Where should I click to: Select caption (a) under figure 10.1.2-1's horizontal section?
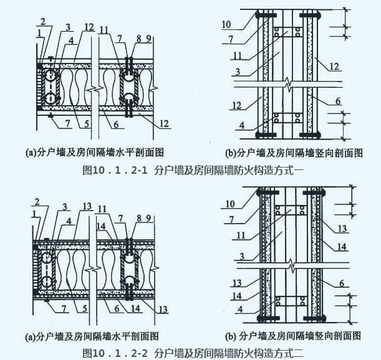point(95,152)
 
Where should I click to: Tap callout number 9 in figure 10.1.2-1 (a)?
point(148,39)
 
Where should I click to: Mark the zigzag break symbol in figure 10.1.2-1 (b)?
point(287,82)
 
